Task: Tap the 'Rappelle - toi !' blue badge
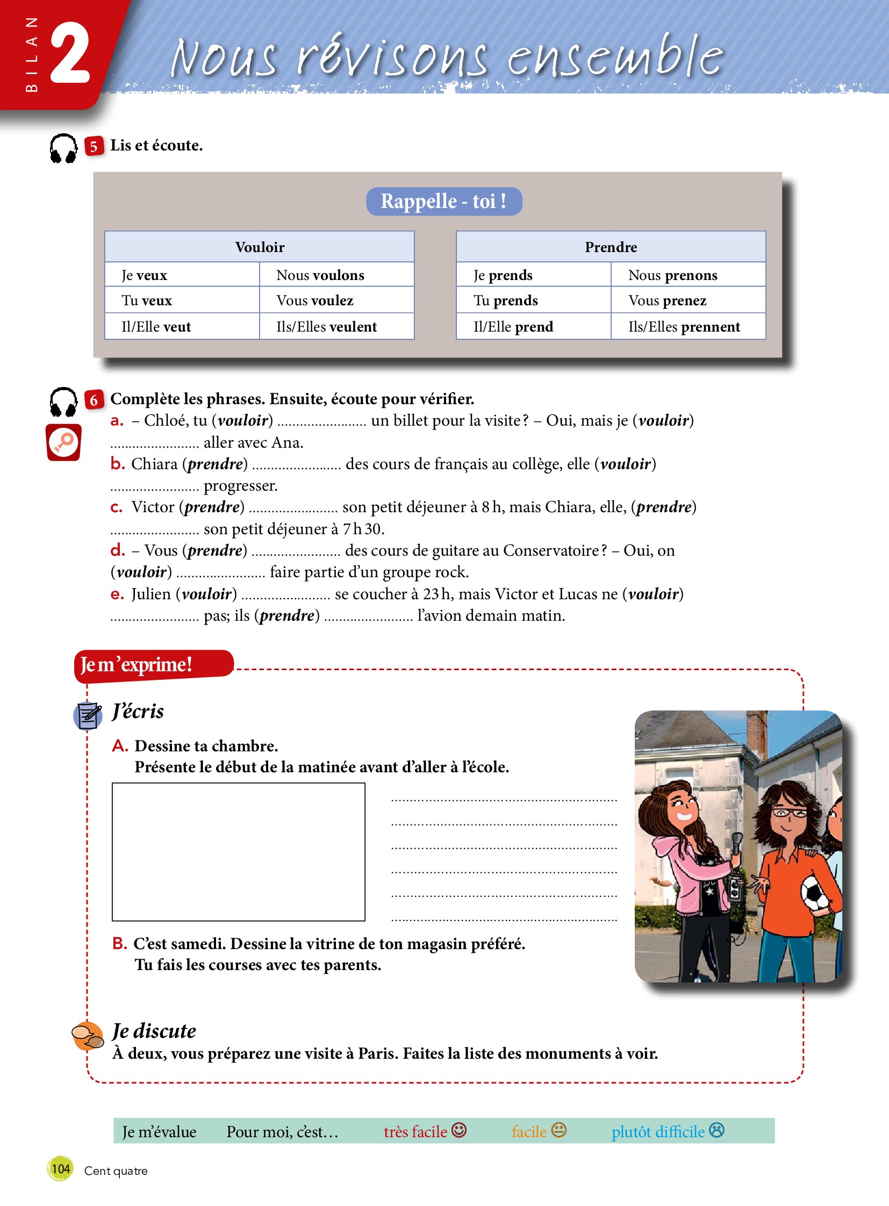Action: pyautogui.click(x=443, y=202)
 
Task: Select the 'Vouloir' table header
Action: pyautogui.click(x=260, y=247)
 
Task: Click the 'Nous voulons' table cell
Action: pyautogui.click(x=336, y=275)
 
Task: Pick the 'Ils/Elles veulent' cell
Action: pyautogui.click(x=336, y=327)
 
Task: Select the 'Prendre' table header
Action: pyautogui.click(x=611, y=247)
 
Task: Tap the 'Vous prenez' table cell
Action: pyautogui.click(x=687, y=300)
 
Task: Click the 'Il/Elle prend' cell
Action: pyautogui.click(x=533, y=327)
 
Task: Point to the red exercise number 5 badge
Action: pyautogui.click(x=94, y=146)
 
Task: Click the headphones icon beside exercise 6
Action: pyautogui.click(x=63, y=402)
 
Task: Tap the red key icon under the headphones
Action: pyautogui.click(x=63, y=442)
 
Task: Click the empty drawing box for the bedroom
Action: pyautogui.click(x=239, y=851)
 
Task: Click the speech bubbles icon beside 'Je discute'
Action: pyautogui.click(x=88, y=1036)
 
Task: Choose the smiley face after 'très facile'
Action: pyautogui.click(x=459, y=1130)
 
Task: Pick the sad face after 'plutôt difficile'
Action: pyautogui.click(x=717, y=1130)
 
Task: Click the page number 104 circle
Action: pyautogui.click(x=60, y=1168)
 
